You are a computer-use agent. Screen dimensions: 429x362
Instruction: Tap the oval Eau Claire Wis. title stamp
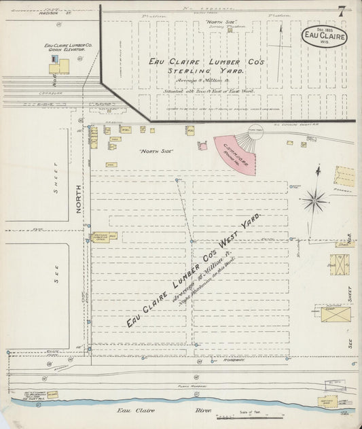(325, 36)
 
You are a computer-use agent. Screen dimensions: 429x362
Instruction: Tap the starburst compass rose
(314, 200)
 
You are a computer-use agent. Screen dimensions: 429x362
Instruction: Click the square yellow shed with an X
(339, 264)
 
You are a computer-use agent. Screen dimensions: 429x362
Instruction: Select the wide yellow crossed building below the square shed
(336, 314)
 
